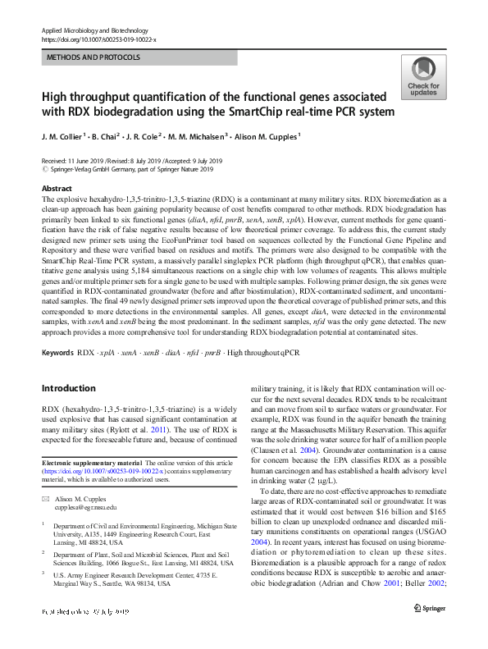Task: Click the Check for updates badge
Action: pyautogui.click(x=422, y=76)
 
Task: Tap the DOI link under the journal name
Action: pyautogui.click(x=98, y=39)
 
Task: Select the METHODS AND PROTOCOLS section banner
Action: pyautogui.click(x=93, y=57)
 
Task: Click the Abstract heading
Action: pyautogui.click(x=57, y=189)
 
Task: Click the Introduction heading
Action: pyautogui.click(x=68, y=388)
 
